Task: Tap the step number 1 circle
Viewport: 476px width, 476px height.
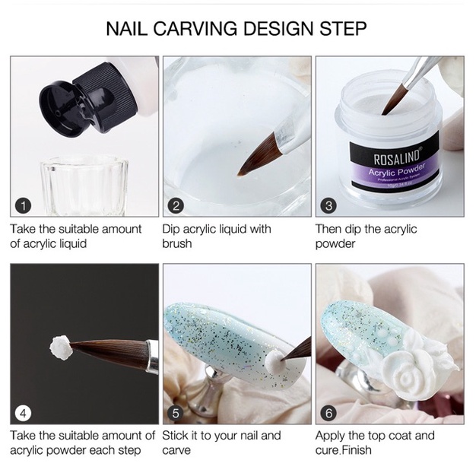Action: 23,205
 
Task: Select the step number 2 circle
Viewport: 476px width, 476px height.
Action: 176,205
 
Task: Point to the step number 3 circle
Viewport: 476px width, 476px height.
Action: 329,205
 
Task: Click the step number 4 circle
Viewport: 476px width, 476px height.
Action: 23,413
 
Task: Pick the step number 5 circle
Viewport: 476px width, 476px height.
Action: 176,413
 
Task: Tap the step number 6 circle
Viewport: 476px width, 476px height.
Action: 329,413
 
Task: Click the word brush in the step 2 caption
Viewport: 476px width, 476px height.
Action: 177,244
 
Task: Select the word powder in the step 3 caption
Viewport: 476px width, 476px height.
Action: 336,244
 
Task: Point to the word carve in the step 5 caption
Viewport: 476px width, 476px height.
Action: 178,451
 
